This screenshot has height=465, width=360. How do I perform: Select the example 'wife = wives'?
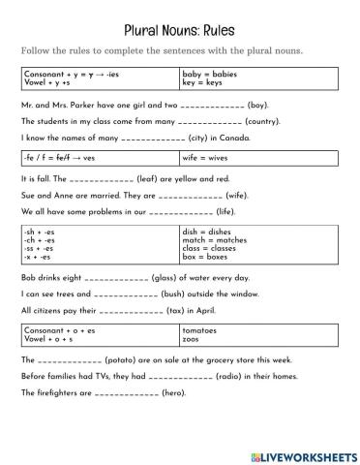coord(205,157)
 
